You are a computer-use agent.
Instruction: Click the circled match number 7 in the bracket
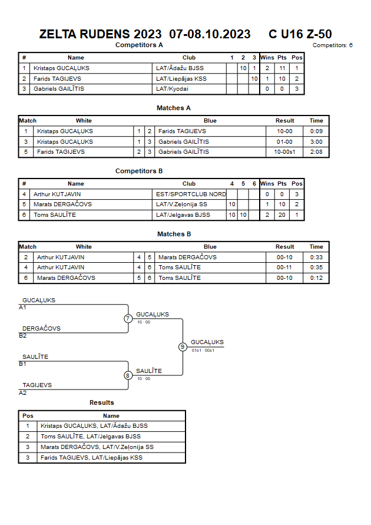click(x=128, y=318)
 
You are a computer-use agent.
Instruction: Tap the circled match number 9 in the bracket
click(x=183, y=347)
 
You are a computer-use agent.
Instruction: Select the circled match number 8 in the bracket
click(x=127, y=375)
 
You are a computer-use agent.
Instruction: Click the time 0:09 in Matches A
click(x=316, y=131)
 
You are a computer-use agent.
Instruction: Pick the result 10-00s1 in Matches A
click(x=284, y=152)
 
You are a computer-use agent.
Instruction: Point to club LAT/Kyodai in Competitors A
click(x=172, y=89)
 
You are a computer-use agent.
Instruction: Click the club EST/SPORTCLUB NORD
click(x=191, y=194)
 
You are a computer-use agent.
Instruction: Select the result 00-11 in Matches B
click(x=284, y=267)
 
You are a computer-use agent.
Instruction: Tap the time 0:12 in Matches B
click(x=316, y=278)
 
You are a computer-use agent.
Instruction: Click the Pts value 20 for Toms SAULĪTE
click(x=282, y=215)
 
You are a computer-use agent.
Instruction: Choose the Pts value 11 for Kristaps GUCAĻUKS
click(x=282, y=68)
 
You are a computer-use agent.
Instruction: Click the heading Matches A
click(x=174, y=108)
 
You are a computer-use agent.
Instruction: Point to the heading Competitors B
click(x=139, y=171)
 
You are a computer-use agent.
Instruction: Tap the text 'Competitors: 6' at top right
click(x=333, y=45)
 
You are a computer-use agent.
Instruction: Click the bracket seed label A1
click(x=22, y=308)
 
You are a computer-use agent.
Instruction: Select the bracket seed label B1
click(x=22, y=364)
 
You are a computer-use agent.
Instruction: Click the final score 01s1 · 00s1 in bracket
click(x=203, y=350)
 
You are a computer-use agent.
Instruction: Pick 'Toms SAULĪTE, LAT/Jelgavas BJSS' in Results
click(x=91, y=437)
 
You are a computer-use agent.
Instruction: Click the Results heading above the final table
click(x=102, y=403)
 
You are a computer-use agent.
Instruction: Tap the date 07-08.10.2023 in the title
click(x=210, y=34)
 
